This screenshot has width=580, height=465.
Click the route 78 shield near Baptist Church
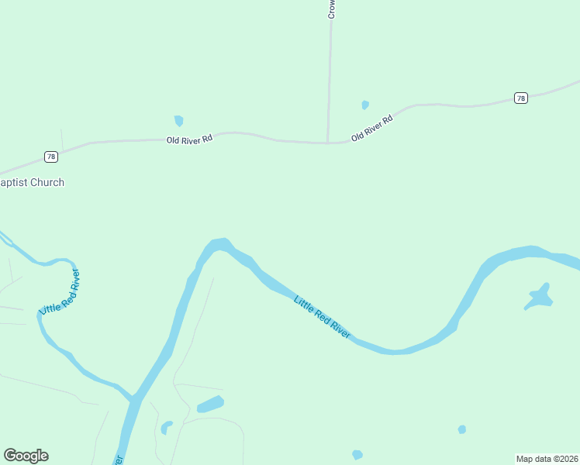pyautogui.click(x=51, y=157)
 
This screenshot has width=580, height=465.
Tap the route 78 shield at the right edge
pyautogui.click(x=520, y=98)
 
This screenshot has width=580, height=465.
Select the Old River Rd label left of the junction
pyautogui.click(x=189, y=140)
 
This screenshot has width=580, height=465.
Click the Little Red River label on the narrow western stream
pyautogui.click(x=60, y=292)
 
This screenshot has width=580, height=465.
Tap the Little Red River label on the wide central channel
pyautogui.click(x=322, y=316)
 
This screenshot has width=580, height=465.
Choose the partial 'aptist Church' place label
pyautogui.click(x=32, y=182)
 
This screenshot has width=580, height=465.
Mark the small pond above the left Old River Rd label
pyautogui.click(x=179, y=120)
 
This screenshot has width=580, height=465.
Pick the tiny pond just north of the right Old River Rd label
pyautogui.click(x=364, y=105)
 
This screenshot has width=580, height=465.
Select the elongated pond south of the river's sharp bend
pyautogui.click(x=210, y=404)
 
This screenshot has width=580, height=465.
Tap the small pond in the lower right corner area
pyautogui.click(x=462, y=429)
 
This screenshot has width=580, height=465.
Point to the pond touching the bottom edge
pyautogui.click(x=357, y=455)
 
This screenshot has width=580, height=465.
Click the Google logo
pyautogui.click(x=26, y=456)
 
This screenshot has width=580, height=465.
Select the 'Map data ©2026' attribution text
pyautogui.click(x=547, y=458)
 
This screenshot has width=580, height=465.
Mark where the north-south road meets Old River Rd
pyautogui.click(x=328, y=143)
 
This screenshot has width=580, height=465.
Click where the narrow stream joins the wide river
pyautogui.click(x=133, y=399)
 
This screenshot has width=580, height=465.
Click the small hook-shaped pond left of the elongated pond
pyautogui.click(x=165, y=427)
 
